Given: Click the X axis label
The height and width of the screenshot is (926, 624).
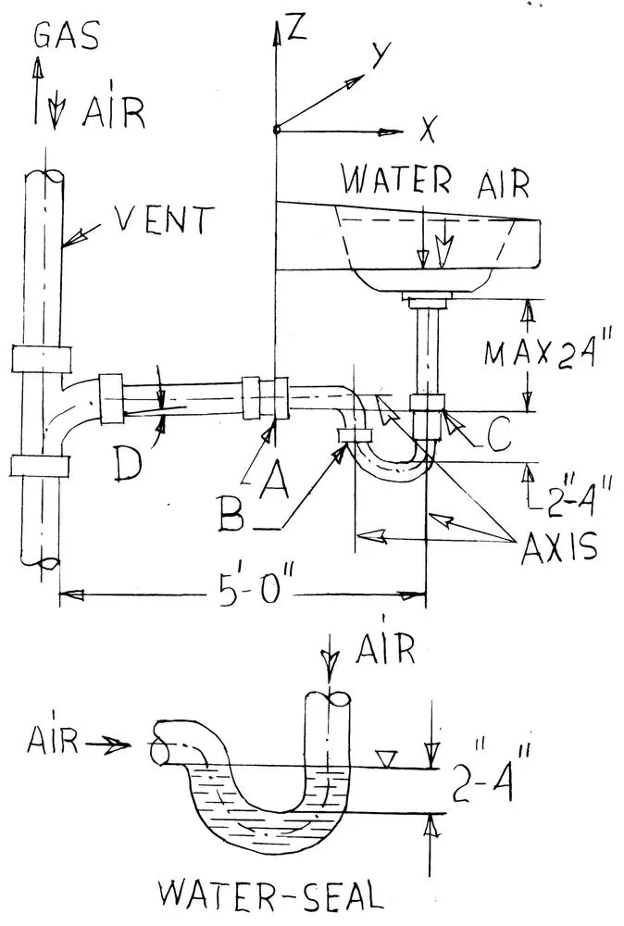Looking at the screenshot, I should tap(427, 132).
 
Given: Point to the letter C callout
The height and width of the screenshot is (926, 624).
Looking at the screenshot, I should tap(496, 438).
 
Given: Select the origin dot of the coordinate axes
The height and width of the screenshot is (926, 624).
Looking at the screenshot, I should tap(275, 130).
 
